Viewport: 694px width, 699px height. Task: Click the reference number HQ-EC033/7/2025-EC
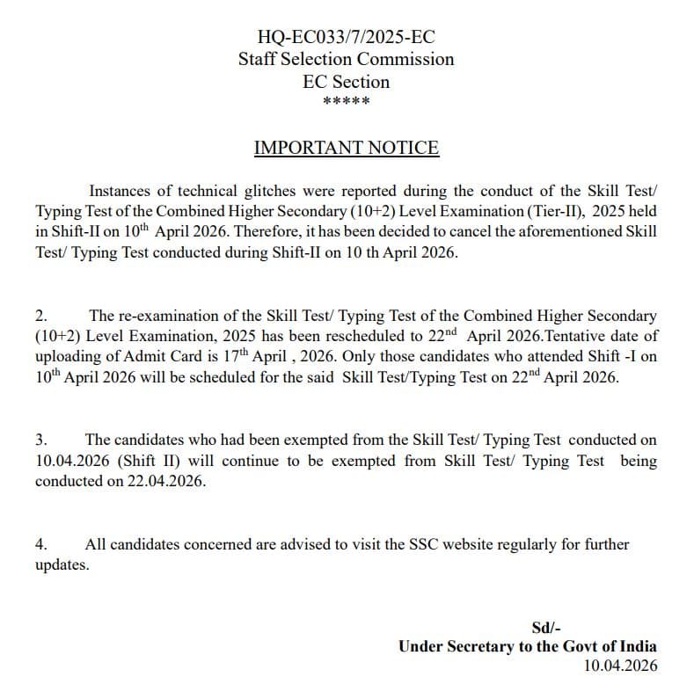pos(346,37)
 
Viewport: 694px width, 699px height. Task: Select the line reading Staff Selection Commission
pos(346,60)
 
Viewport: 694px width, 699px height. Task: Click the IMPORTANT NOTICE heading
pos(346,148)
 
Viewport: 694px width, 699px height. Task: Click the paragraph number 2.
pos(40,316)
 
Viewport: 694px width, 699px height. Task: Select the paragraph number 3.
pos(40,440)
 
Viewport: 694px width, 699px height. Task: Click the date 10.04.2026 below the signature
pos(620,666)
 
